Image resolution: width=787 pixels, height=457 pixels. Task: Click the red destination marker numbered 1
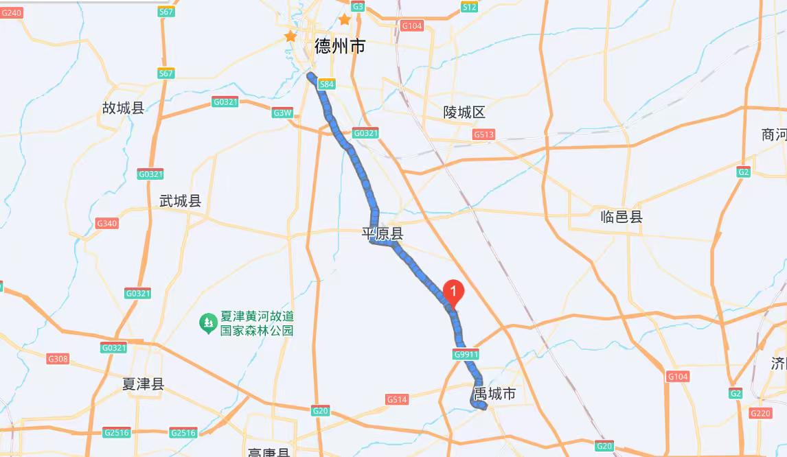coord(453,293)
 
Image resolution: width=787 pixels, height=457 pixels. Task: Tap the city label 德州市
coord(340,46)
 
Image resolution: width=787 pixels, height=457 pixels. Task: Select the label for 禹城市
coord(494,394)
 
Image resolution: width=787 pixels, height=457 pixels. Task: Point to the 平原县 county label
coord(383,234)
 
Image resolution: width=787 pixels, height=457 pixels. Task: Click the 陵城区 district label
coord(464,113)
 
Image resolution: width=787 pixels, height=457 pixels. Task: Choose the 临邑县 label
coord(621,217)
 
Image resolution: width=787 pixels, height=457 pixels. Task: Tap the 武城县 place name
coord(180,201)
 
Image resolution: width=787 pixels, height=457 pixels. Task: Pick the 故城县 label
coord(123,108)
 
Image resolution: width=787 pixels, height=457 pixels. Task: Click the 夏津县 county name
coord(143,384)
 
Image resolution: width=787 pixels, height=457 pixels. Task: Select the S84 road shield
coord(327,84)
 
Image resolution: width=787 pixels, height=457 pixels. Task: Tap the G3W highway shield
coord(282,113)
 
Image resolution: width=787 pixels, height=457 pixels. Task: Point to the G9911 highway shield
coord(466,354)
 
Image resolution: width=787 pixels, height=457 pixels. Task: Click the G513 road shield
coord(483,134)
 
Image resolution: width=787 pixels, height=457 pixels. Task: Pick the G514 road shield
coord(397,399)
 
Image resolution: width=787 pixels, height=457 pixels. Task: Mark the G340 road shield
coord(107,224)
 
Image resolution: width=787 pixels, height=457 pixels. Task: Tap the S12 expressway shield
coord(469,7)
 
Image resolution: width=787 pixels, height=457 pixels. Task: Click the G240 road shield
coord(12,12)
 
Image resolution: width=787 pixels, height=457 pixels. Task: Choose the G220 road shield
coord(760,413)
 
